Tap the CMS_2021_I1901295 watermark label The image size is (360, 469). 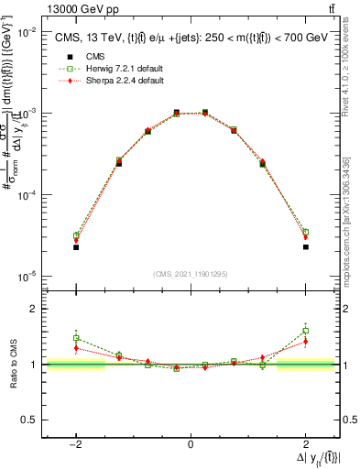(190, 274)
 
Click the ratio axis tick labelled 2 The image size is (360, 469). (33, 309)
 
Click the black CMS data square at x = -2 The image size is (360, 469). (76, 247)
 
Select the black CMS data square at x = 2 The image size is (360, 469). (305, 246)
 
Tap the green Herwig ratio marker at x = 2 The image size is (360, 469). (305, 331)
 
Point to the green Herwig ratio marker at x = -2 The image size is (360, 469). (76, 338)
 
